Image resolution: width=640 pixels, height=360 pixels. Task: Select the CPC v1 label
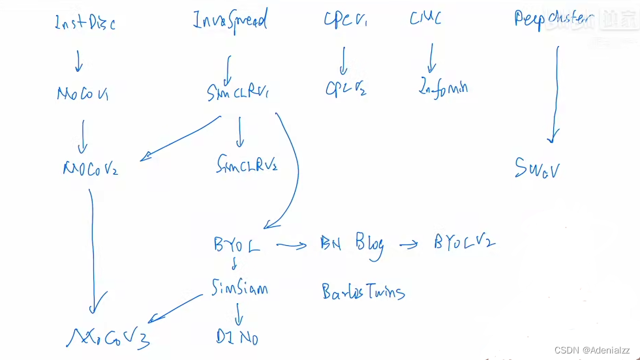point(345,20)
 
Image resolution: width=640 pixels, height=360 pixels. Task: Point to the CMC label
point(425,18)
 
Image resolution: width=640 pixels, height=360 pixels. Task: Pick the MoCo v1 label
point(82,95)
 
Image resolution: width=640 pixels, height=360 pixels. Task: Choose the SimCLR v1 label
point(237,94)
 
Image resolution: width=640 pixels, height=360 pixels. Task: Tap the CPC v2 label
point(346,89)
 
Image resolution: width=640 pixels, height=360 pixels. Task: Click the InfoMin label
point(443,88)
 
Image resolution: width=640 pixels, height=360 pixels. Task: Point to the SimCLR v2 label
point(247,166)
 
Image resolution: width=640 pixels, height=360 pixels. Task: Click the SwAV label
point(538,170)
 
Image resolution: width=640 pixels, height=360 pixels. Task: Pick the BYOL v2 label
point(465,243)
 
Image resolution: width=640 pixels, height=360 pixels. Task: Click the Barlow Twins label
point(363,292)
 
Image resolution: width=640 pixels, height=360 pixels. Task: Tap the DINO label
point(237,337)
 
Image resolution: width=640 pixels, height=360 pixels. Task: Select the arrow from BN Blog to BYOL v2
point(408,245)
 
